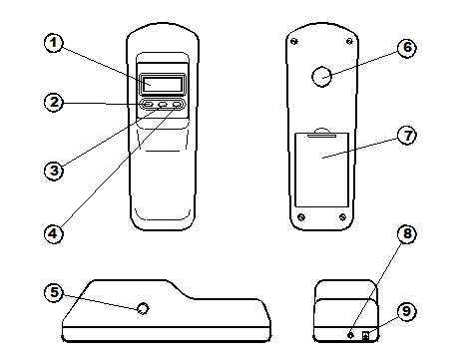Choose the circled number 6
[x=407, y=47]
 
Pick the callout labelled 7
[x=407, y=136]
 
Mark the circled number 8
[x=407, y=234]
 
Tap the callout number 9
[x=407, y=310]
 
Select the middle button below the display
[x=162, y=105]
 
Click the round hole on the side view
[x=144, y=309]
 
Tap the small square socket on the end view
[x=366, y=335]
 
